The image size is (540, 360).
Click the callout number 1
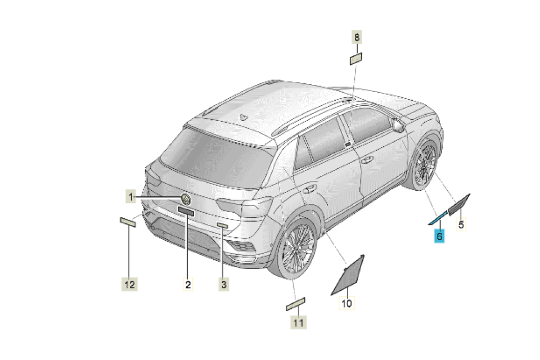[130, 197]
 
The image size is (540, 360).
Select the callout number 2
[188, 285]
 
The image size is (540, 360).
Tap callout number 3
[224, 285]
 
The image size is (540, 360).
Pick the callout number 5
[461, 224]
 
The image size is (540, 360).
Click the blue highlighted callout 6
[439, 236]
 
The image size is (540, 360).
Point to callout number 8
[357, 37]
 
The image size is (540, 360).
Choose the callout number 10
[346, 303]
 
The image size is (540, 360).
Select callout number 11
[298, 322]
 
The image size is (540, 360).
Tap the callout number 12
[129, 285]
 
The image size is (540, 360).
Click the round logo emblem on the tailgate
[186, 199]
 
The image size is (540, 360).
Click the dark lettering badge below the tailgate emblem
[186, 211]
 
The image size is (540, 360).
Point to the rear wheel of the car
[297, 248]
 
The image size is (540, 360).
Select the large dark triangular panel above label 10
[348, 276]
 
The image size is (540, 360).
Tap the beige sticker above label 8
[355, 59]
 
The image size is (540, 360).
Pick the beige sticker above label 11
[295, 304]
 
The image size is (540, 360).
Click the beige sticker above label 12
[128, 222]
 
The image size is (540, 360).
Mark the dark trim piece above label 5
[459, 205]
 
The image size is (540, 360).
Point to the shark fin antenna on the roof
[244, 117]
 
